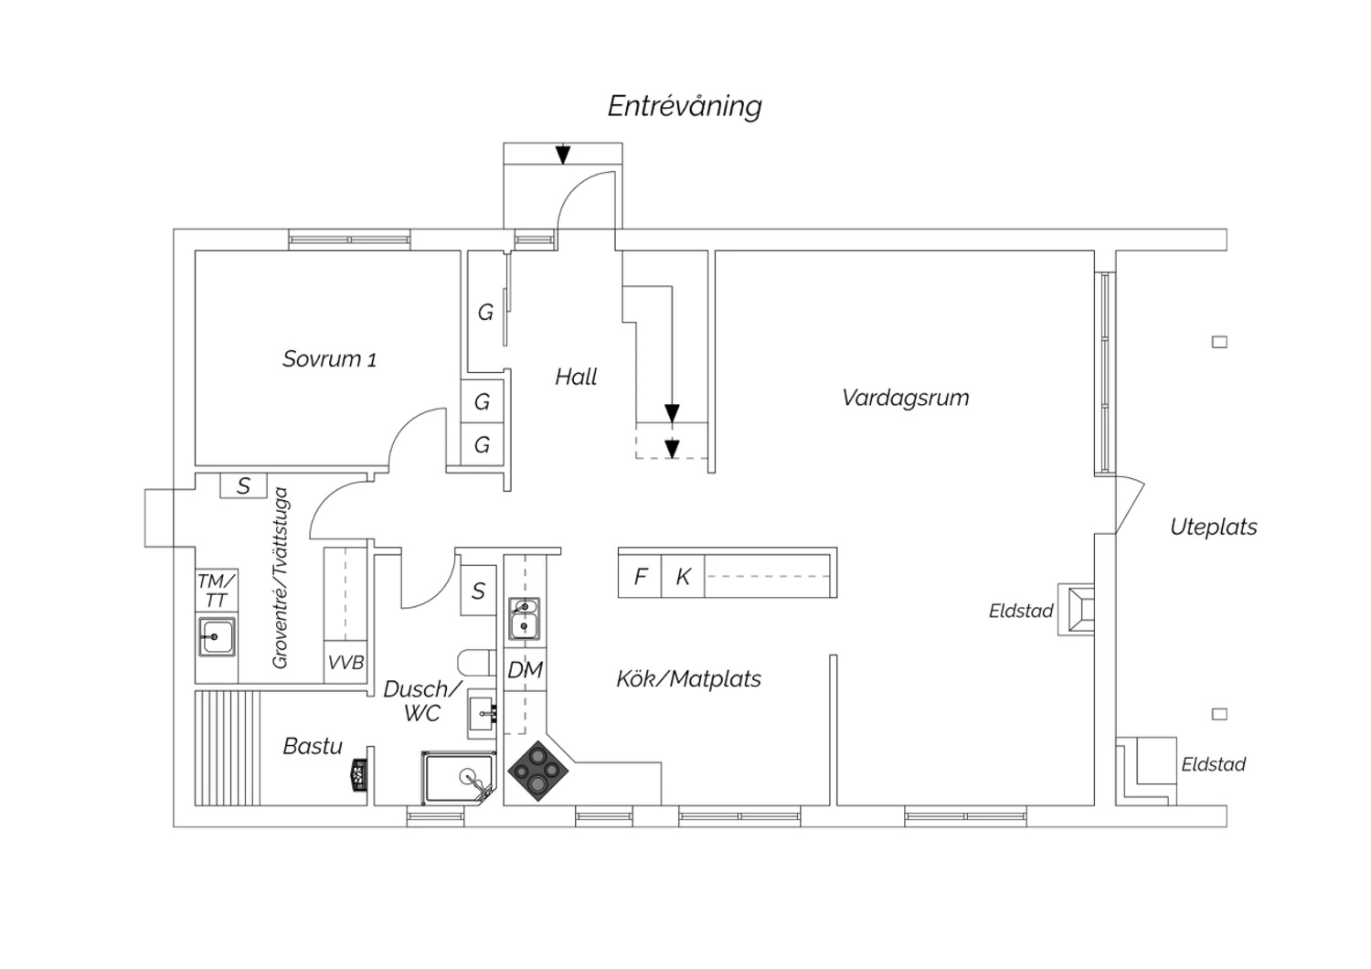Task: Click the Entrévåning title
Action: [685, 106]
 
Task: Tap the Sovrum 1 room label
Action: [329, 359]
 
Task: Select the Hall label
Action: [576, 377]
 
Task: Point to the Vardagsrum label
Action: [905, 398]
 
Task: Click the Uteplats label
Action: [1213, 527]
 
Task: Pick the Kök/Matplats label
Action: [688, 679]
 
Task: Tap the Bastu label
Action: [313, 746]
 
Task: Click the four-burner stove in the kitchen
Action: [538, 770]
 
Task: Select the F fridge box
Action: [640, 577]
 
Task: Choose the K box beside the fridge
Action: [683, 577]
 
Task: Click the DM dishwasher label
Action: [525, 670]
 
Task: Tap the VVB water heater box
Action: [345, 663]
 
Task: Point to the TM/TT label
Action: [217, 591]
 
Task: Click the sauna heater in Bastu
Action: [358, 775]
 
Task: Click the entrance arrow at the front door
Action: [563, 154]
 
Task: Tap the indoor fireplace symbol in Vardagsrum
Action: [1076, 609]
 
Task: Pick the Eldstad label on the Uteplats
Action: [1213, 764]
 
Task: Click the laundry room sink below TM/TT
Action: [218, 635]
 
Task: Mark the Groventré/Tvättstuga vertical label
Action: [281, 578]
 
